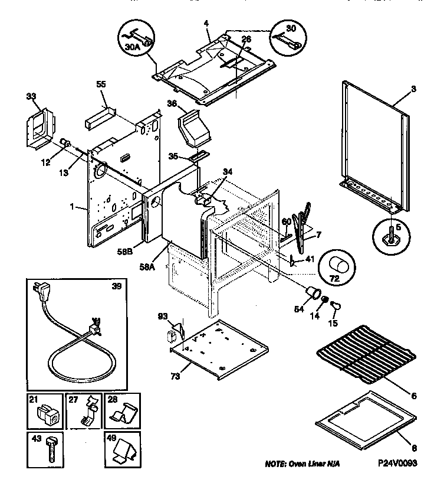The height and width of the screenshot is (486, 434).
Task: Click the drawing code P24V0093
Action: pyautogui.click(x=396, y=465)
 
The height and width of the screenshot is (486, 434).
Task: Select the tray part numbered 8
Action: pyautogui.click(x=362, y=416)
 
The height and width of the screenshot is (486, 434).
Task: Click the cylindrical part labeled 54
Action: pyautogui.click(x=314, y=293)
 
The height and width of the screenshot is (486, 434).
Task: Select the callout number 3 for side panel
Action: pyautogui.click(x=413, y=89)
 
